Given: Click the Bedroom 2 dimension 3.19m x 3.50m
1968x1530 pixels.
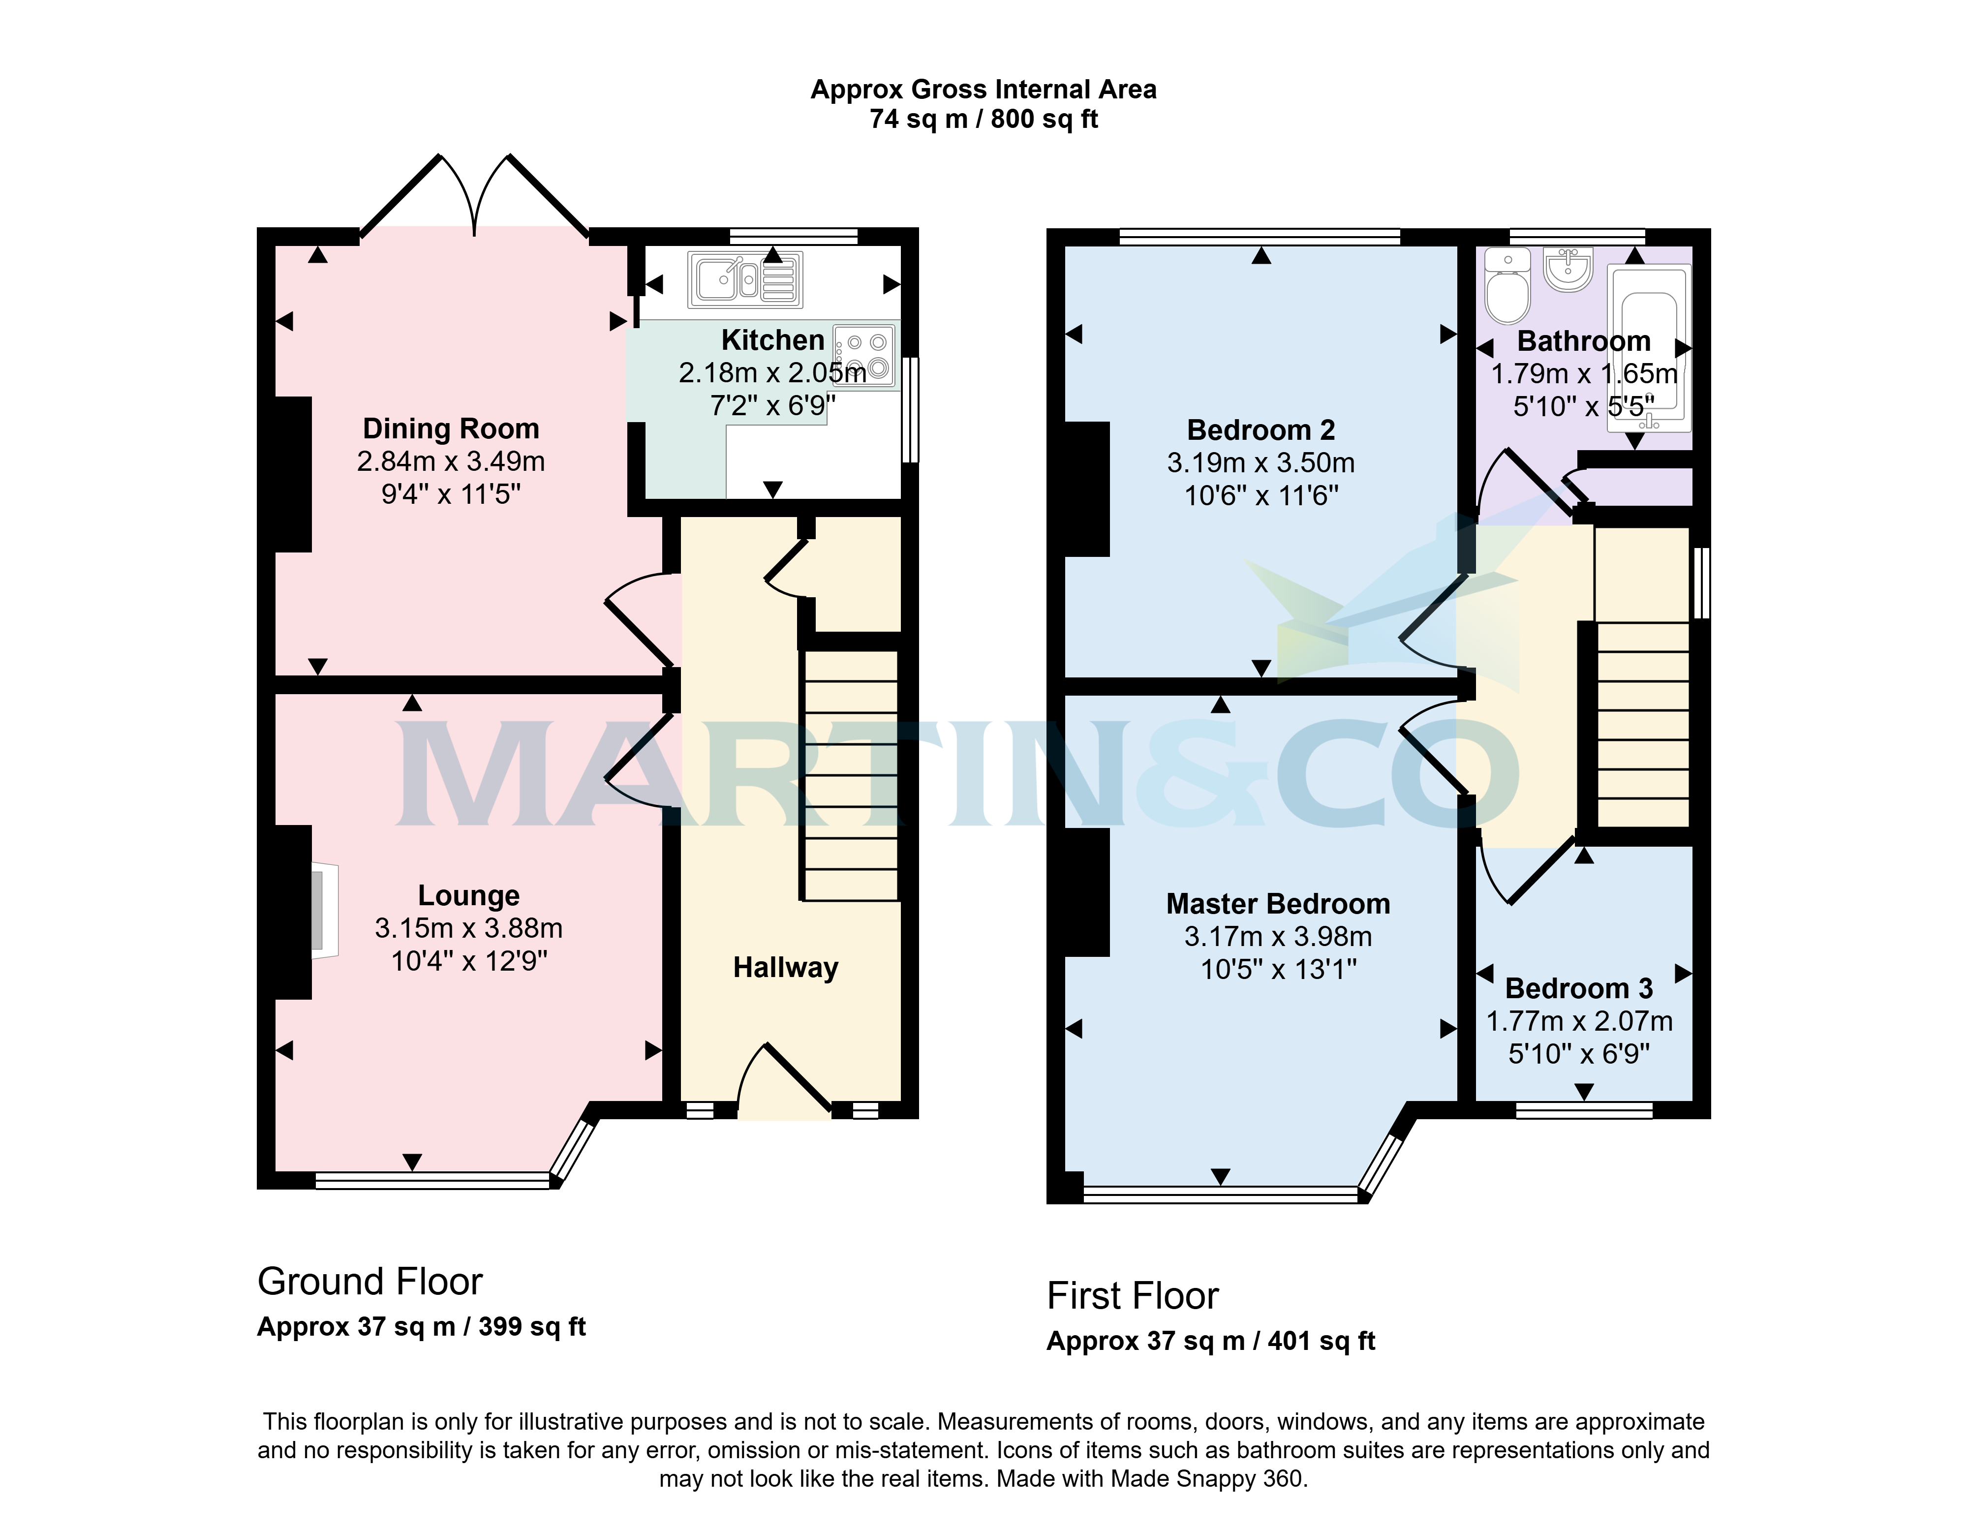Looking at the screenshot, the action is click(1261, 462).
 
